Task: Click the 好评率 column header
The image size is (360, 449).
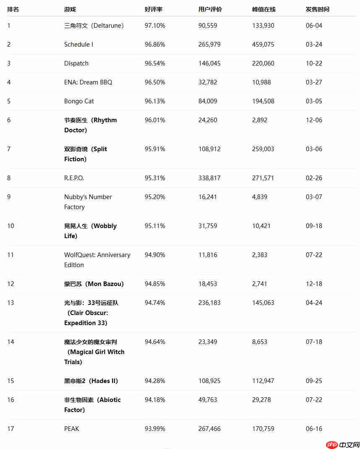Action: (154, 9)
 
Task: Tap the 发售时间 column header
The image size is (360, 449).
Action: (318, 9)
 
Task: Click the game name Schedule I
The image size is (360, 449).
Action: (79, 45)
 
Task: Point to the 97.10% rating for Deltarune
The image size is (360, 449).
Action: (155, 26)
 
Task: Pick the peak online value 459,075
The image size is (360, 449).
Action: (263, 45)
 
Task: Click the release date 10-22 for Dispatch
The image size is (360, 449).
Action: (314, 63)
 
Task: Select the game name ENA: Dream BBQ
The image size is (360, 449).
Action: (88, 82)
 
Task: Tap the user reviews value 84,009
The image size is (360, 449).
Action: (208, 101)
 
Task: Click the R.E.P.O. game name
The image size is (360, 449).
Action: (74, 178)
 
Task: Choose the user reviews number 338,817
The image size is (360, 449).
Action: (209, 178)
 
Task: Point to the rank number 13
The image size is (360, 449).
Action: (10, 303)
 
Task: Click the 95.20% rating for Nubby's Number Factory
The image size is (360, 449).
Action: (155, 197)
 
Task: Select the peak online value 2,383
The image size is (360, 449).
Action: (260, 255)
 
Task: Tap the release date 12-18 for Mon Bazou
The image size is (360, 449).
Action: (314, 284)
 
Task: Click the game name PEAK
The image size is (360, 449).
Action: (72, 429)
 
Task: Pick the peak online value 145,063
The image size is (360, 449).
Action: (263, 303)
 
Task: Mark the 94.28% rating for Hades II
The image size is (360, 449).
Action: (155, 381)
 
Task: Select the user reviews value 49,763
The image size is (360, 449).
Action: (208, 400)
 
